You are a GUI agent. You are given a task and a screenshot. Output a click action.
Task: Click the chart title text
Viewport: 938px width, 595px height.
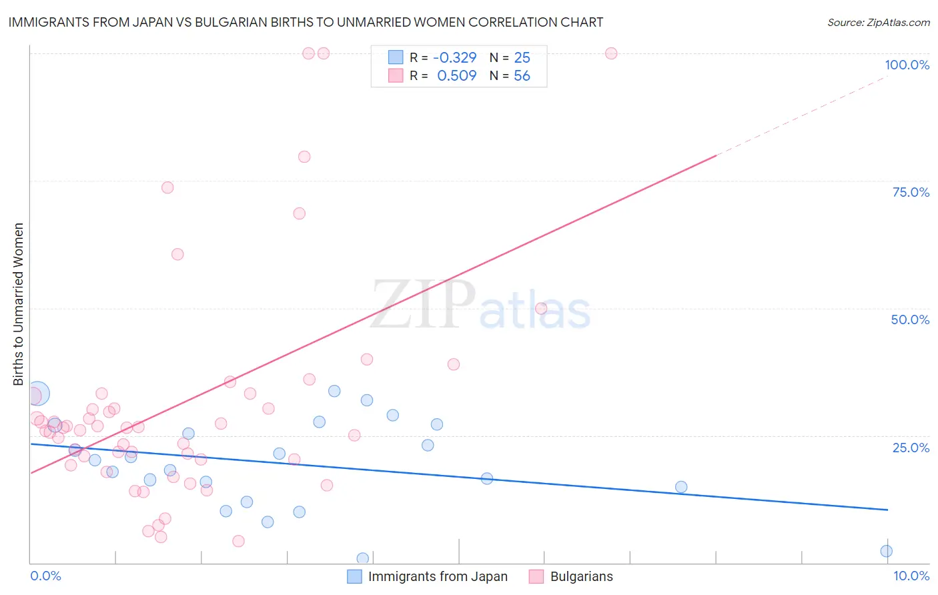(306, 22)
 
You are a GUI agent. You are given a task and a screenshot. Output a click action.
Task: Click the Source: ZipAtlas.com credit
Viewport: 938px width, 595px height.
(878, 22)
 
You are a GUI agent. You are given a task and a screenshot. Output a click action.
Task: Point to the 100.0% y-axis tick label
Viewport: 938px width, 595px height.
(907, 65)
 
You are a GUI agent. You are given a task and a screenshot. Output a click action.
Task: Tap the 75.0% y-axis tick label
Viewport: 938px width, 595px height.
(911, 192)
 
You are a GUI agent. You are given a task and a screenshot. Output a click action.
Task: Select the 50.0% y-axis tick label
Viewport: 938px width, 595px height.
(910, 320)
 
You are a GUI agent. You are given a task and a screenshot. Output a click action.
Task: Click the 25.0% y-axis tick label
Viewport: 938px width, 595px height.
(911, 448)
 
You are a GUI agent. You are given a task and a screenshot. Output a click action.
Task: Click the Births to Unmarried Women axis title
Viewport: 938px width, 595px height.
(18, 304)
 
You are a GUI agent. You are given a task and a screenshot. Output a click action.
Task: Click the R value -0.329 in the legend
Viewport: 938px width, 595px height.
(454, 58)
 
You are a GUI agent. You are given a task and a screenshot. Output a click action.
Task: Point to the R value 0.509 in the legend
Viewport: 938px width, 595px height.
(456, 76)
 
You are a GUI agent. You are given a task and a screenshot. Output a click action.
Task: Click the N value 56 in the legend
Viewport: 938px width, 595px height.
(522, 76)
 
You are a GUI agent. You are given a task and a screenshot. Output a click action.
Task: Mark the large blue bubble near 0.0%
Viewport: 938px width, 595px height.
(37, 394)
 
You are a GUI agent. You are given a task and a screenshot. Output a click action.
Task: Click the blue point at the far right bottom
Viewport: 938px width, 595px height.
(886, 551)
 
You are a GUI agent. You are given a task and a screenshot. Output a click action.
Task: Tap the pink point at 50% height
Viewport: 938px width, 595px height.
(541, 308)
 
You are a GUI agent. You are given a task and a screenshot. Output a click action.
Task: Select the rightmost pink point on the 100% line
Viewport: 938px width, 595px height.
(611, 53)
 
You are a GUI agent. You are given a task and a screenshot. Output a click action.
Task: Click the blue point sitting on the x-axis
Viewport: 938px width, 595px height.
(363, 558)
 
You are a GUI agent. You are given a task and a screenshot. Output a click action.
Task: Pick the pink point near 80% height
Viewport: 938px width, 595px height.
(304, 157)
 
